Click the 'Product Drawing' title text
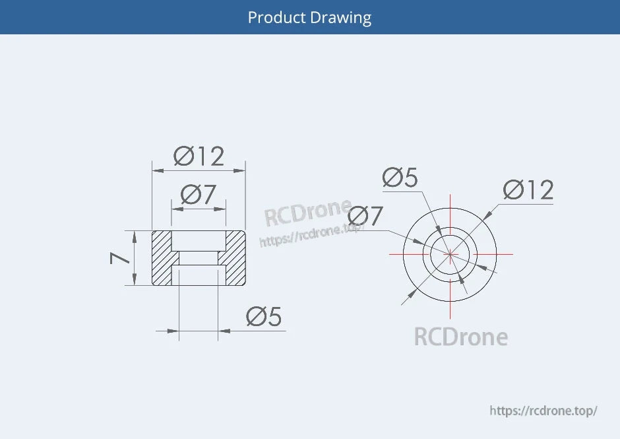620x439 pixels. [x=309, y=17]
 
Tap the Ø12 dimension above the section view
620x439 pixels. [x=199, y=156]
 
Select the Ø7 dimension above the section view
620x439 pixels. [x=198, y=195]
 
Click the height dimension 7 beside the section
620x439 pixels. [x=121, y=257]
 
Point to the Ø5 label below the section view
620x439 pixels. [x=263, y=317]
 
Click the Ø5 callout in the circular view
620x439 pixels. [x=400, y=178]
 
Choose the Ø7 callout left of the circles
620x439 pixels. [x=365, y=216]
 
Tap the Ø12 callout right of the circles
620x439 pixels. [x=528, y=190]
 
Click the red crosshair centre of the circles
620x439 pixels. [x=450, y=254]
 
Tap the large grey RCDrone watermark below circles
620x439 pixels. [x=460, y=337]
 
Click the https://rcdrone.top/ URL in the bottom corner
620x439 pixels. [x=543, y=410]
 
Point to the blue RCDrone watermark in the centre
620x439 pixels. [x=307, y=213]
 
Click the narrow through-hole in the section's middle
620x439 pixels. [x=199, y=258]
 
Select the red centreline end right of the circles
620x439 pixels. [x=512, y=254]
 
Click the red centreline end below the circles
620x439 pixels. [x=450, y=315]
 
